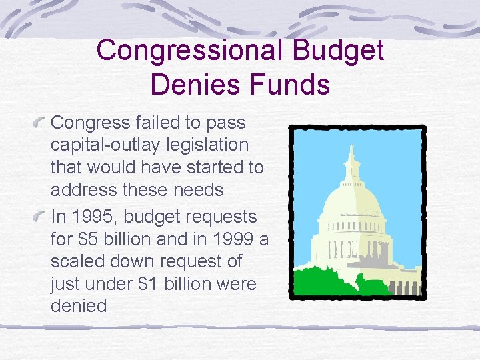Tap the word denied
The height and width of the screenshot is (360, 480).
point(79,306)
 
